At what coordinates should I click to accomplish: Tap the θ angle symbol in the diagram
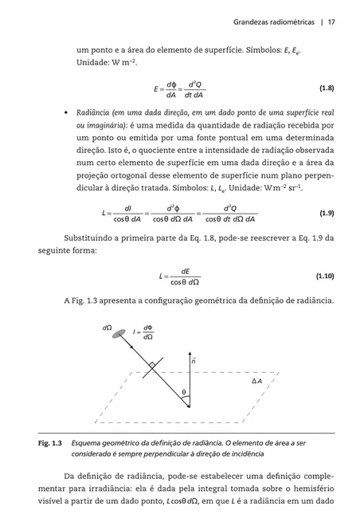[183, 392]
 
